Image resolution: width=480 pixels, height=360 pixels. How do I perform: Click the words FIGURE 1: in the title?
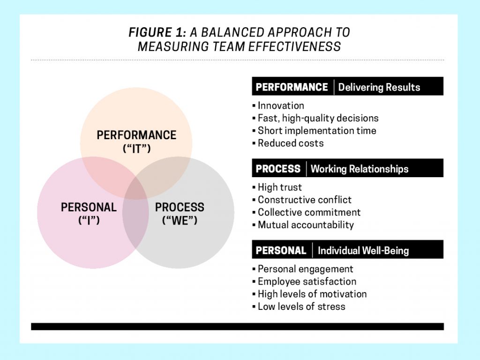click(x=157, y=32)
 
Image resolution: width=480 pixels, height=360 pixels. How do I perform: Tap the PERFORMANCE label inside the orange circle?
click(x=136, y=135)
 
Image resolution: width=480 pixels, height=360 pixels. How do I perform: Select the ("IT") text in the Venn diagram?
click(x=136, y=149)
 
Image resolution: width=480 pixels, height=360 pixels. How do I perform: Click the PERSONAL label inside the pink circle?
click(x=89, y=207)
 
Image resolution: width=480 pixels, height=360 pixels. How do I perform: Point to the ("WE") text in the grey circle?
click(x=180, y=220)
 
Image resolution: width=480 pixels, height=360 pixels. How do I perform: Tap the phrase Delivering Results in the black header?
click(x=379, y=87)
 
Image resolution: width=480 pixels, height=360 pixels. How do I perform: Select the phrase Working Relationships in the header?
click(x=360, y=169)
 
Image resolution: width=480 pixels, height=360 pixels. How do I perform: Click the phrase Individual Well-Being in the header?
click(x=363, y=251)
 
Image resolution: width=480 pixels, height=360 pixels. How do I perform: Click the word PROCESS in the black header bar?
click(x=278, y=169)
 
